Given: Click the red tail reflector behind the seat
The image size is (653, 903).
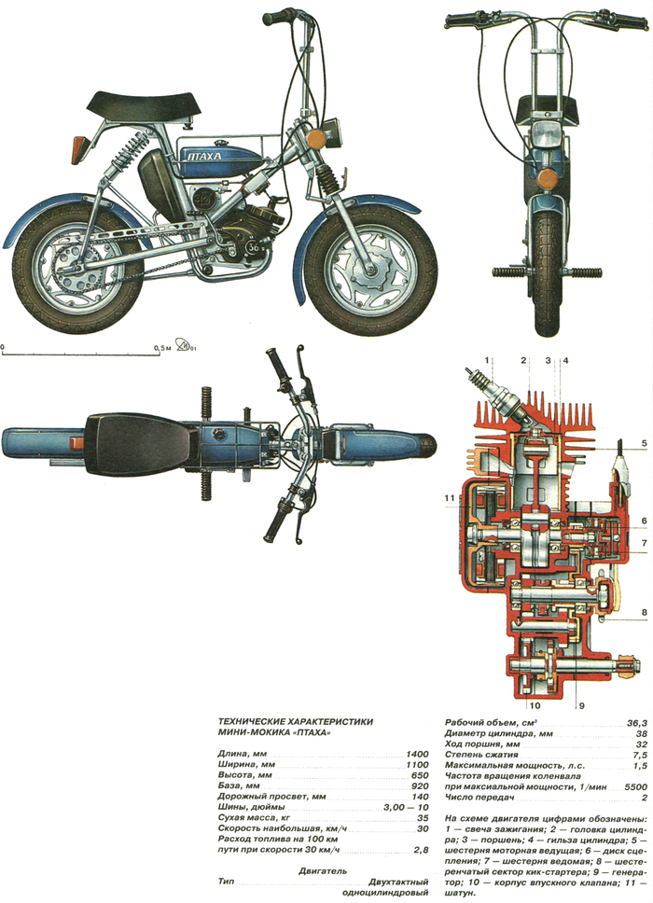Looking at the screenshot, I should pos(79,146).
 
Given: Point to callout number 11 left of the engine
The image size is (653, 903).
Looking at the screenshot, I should pos(449,498).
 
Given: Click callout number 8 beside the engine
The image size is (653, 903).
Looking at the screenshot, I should pos(644,613).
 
